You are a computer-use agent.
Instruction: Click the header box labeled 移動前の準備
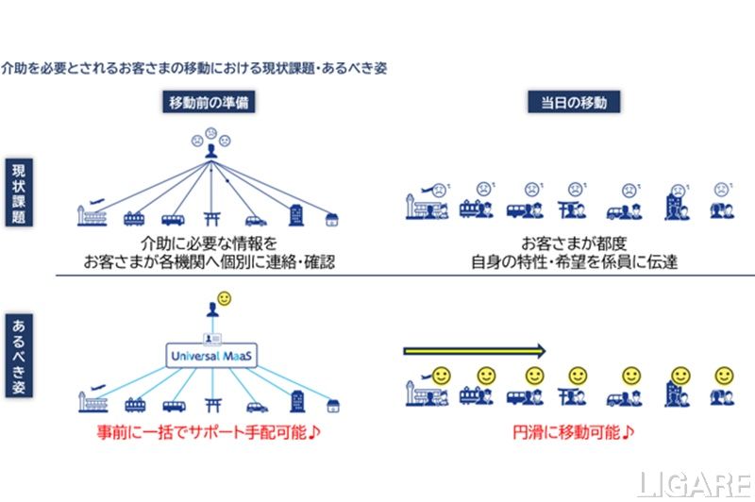pos(210,102)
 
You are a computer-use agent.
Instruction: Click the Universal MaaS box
pos(211,356)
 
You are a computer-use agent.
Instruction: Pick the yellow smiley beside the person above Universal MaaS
pos(225,299)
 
